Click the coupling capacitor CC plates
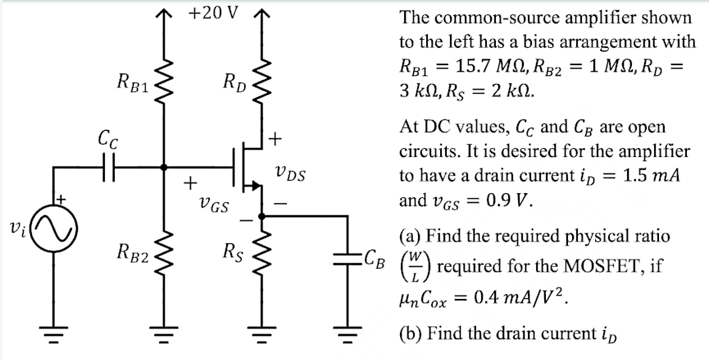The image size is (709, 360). tap(108, 167)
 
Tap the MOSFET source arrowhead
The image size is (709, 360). tap(256, 186)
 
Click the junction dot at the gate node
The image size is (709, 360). tap(164, 167)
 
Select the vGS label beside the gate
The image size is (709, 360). tap(214, 204)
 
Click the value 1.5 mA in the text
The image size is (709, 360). tap(651, 175)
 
